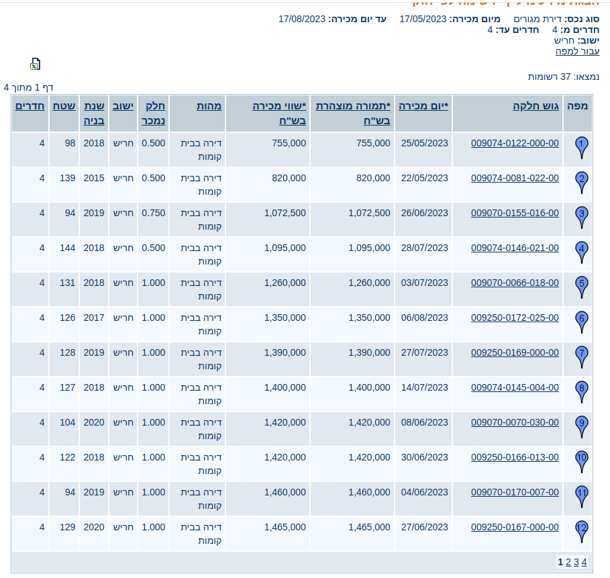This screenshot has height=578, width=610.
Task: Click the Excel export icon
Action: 35,64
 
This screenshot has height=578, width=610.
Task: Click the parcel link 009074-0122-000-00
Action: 515,143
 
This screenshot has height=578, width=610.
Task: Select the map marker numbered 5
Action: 582,285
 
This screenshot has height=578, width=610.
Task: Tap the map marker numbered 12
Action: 582,529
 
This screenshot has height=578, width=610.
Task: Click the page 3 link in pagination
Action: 576,563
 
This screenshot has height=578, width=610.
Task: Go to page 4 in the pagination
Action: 584,563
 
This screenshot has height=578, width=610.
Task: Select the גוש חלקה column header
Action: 536,106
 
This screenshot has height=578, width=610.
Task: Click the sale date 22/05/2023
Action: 424,178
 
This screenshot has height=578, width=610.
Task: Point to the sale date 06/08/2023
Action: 424,318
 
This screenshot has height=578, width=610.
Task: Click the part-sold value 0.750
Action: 154,213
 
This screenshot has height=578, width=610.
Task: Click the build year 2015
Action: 94,178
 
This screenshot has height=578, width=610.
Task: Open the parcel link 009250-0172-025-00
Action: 515,318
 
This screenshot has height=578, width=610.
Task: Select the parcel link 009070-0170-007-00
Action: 515,492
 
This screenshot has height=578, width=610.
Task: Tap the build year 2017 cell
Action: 94,318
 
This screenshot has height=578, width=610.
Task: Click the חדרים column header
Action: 30,106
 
